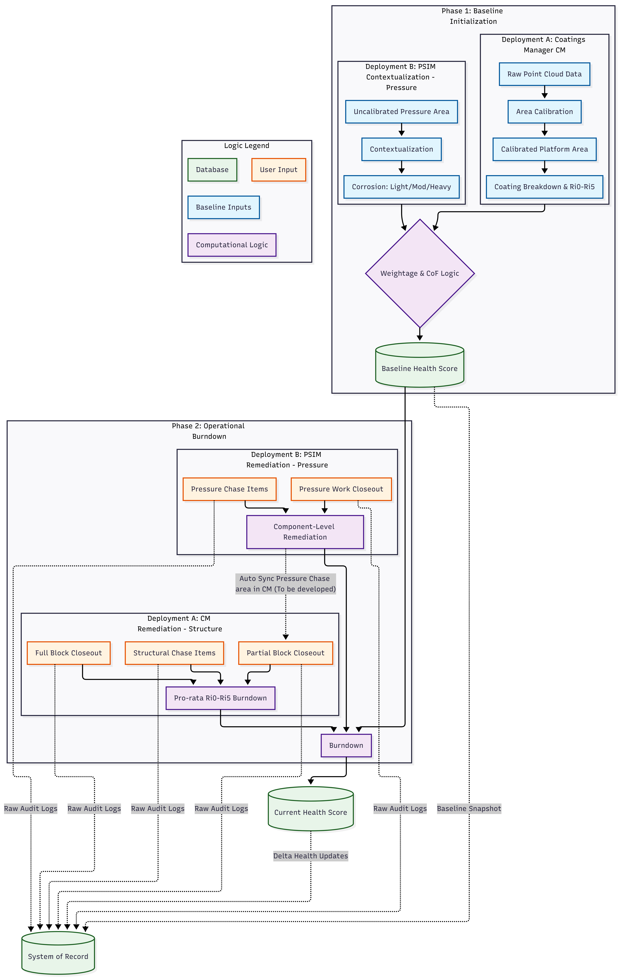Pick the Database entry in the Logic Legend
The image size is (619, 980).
point(212,170)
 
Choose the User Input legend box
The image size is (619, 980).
point(278,170)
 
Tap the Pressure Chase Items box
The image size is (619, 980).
point(229,489)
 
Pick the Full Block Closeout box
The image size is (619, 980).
point(68,653)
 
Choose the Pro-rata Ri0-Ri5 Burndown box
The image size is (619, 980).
point(220,698)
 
